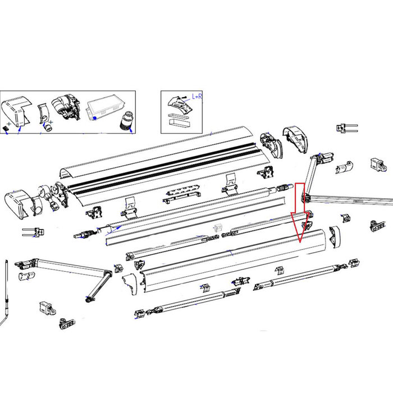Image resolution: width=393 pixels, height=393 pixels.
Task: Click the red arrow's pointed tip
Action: pos(300,241)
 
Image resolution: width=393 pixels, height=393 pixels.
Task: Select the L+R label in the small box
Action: pos(197,97)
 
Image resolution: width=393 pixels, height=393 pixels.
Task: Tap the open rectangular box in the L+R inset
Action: pos(178,120)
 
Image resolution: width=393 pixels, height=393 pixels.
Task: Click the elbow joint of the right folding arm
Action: pos(307,198)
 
